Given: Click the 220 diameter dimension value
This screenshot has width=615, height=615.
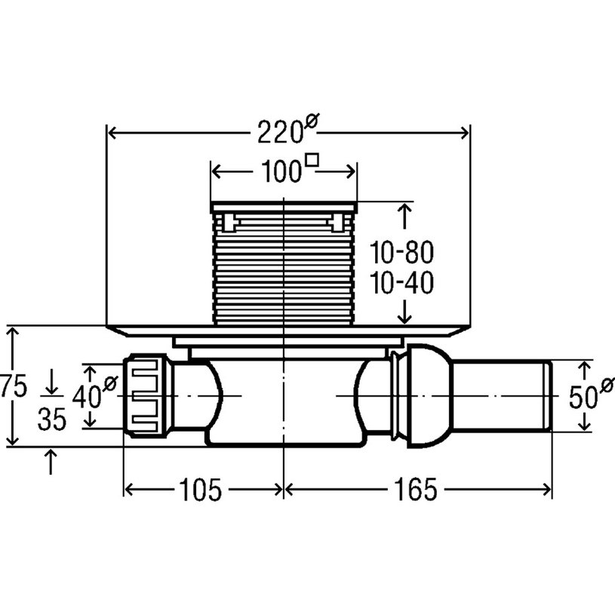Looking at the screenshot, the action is pyautogui.click(x=280, y=132).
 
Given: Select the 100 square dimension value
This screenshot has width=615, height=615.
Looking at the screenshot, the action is pyautogui.click(x=281, y=171).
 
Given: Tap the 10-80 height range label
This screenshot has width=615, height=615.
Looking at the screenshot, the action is pyautogui.click(x=402, y=253).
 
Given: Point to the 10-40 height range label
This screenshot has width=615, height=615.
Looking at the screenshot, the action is pyautogui.click(x=402, y=283).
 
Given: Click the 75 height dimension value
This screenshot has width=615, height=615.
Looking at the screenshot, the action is pyautogui.click(x=14, y=386).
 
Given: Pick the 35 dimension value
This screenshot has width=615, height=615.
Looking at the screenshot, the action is pyautogui.click(x=52, y=420).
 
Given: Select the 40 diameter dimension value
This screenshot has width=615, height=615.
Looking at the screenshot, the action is pyautogui.click(x=86, y=396).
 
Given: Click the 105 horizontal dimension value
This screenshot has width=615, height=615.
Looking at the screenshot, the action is pyautogui.click(x=201, y=490).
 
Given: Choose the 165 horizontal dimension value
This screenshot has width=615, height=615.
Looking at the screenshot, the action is pyautogui.click(x=415, y=490).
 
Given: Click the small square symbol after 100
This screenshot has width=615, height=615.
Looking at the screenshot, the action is pyautogui.click(x=312, y=160).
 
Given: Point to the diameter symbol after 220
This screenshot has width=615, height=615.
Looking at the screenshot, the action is pyautogui.click(x=312, y=121).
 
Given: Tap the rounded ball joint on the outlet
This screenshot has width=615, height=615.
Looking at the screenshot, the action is pyautogui.click(x=430, y=396).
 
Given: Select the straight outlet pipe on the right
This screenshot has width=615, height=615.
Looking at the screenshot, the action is pyautogui.click(x=502, y=396).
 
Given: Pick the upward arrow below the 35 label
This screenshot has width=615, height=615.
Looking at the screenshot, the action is pyautogui.click(x=51, y=462).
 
